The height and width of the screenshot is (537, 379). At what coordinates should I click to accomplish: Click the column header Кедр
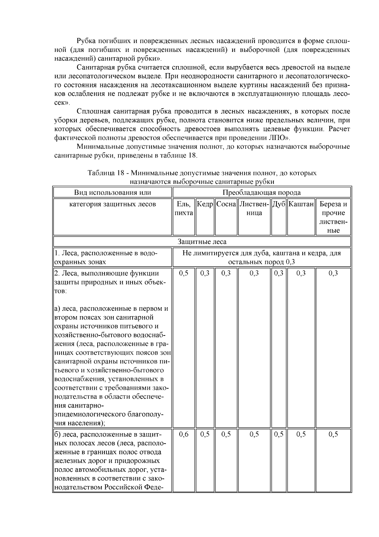click(x=205, y=204)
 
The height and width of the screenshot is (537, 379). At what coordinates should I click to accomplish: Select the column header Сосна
click(x=226, y=204)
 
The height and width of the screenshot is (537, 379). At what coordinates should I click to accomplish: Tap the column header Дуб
click(x=279, y=204)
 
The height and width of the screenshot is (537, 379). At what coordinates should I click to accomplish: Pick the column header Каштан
click(x=301, y=204)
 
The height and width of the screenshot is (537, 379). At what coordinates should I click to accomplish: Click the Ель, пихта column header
click(x=183, y=209)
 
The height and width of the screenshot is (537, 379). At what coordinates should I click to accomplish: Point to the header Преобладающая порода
click(x=262, y=192)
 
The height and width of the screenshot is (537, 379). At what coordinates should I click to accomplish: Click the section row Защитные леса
click(x=202, y=242)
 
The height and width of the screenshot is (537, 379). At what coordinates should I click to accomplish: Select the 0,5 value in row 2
click(x=183, y=273)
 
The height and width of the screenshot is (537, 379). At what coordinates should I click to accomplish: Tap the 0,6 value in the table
click(x=183, y=434)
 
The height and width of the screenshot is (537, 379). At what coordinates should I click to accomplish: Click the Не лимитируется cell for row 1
click(x=262, y=258)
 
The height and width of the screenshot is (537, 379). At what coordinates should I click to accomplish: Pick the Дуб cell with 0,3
click(x=279, y=273)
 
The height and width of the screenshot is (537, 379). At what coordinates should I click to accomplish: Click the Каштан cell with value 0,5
click(x=301, y=434)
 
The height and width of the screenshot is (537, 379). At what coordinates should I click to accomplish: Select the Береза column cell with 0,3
click(x=333, y=273)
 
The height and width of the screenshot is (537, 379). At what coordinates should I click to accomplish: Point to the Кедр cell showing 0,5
click(x=205, y=434)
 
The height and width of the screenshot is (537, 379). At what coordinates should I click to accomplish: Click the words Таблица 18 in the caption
click(x=105, y=173)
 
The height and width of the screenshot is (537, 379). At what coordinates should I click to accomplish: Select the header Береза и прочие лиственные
click(x=333, y=217)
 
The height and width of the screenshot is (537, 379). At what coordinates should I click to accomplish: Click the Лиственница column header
click(x=254, y=209)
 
